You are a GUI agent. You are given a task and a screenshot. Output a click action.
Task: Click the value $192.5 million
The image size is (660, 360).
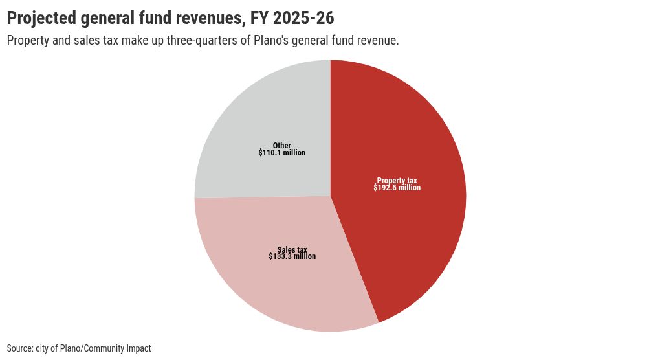[397, 188]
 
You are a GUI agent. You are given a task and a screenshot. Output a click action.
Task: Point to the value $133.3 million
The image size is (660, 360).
[292, 256]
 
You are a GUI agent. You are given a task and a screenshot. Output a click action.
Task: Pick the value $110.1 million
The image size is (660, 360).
[281, 153]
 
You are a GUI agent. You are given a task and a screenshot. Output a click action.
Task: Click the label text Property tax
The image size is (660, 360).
[397, 181]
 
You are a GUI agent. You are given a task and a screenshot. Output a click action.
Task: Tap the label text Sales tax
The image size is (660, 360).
[292, 249]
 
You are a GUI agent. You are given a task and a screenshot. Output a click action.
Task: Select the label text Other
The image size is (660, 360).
[281, 146]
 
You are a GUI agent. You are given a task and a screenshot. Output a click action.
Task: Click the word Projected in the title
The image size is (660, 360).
[41, 17]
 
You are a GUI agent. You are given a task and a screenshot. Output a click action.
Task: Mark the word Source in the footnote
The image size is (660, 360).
[19, 348]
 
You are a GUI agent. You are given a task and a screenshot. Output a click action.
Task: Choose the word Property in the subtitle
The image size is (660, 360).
[28, 41]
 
